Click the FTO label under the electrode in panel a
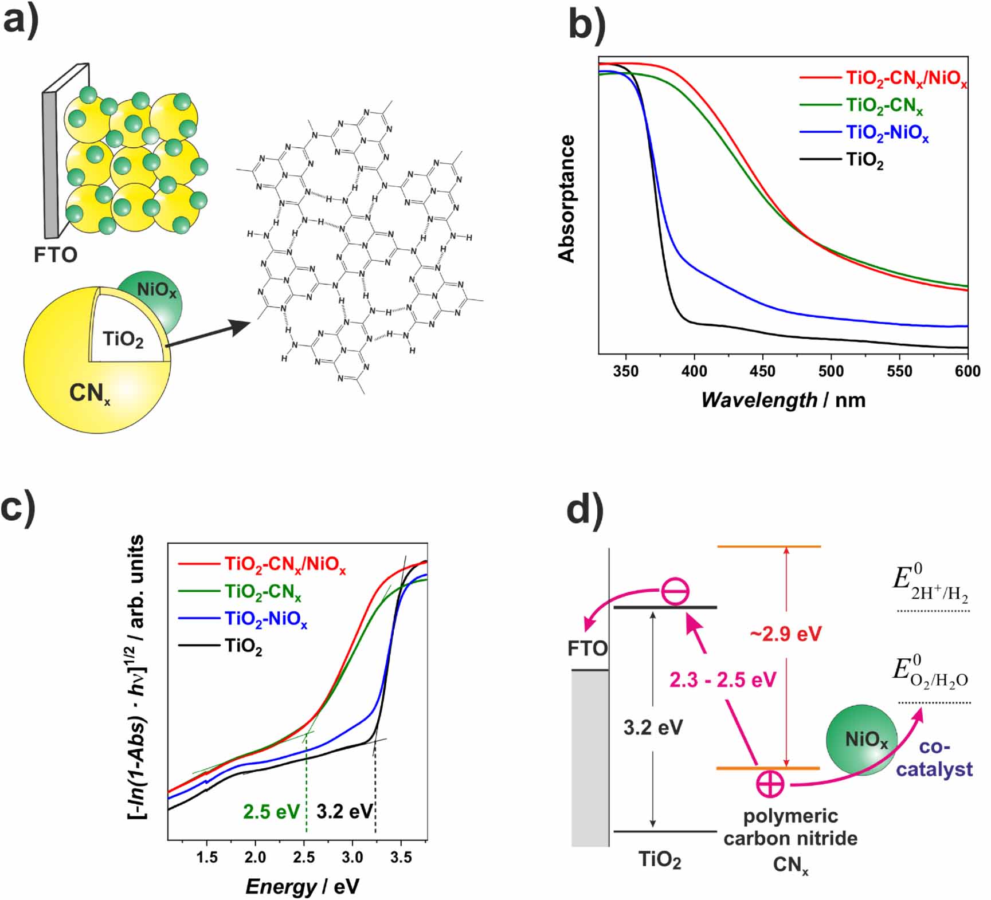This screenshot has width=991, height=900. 55,254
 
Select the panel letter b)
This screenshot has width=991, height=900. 586,26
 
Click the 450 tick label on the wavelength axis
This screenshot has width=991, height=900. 762,371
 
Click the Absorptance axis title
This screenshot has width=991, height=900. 567,199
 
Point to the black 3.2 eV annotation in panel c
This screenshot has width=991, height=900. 344,812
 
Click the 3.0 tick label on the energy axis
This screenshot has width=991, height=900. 352,858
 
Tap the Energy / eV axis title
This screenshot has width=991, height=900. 302,886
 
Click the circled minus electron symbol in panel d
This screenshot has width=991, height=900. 675,592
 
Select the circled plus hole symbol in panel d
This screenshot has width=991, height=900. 770,784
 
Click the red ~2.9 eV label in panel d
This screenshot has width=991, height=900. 786,634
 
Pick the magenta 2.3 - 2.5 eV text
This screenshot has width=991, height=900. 723,680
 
